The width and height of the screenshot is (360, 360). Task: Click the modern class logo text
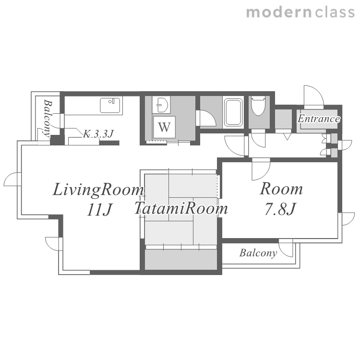300,12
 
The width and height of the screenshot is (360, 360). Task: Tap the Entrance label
319,119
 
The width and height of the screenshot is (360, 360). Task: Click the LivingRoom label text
98,190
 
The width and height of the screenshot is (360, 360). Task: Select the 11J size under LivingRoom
99,210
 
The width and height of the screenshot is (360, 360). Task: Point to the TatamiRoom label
181,208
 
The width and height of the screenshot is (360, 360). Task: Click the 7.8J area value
281,209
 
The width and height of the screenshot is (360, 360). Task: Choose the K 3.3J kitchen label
98,134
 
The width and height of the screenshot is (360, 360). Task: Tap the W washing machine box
164,127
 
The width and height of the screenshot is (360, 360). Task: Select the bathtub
233,112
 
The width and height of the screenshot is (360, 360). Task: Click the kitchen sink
110,106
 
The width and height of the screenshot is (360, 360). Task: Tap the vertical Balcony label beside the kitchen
48,119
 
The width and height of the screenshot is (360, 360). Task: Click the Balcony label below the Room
258,253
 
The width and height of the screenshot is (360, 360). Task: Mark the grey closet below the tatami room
181,259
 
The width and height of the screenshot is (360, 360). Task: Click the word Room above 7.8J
281,189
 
